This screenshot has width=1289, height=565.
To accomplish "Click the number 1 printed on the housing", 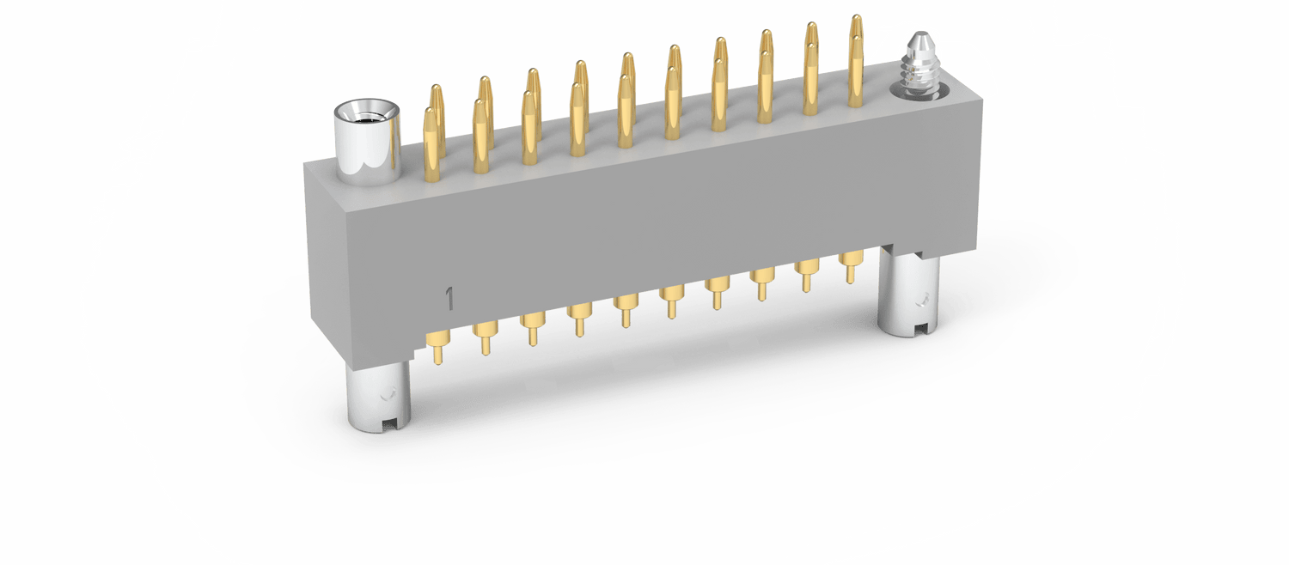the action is pyautogui.click(x=450, y=298).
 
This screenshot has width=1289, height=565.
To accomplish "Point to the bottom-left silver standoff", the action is pyautogui.click(x=379, y=396).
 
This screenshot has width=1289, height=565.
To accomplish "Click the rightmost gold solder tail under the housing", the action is pyautogui.click(x=851, y=267).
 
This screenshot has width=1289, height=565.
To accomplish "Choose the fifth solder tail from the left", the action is pyautogui.click(x=626, y=311).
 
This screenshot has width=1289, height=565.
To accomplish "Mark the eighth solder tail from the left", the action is pyautogui.click(x=762, y=284).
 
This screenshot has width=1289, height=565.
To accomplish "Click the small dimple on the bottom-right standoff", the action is pyautogui.click(x=924, y=298).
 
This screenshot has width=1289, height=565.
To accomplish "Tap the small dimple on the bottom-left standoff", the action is pyautogui.click(x=389, y=393).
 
